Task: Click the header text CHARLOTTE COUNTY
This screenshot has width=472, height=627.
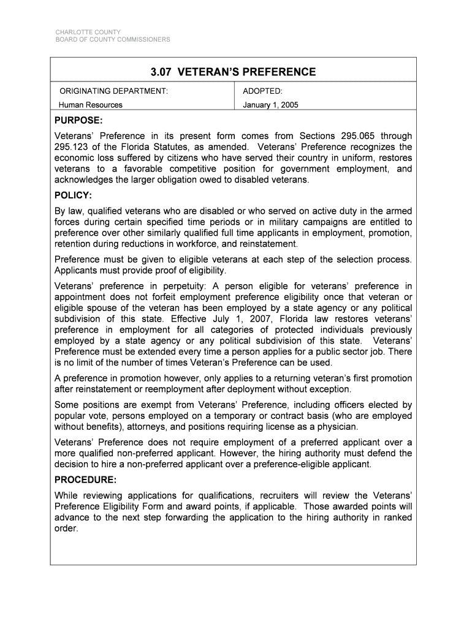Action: (88, 32)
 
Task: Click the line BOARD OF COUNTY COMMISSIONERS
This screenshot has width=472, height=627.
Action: (113, 40)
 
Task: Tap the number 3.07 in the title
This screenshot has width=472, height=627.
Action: (162, 72)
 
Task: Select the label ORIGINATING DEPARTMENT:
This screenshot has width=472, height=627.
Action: (113, 91)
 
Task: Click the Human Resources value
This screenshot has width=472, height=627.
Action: (90, 105)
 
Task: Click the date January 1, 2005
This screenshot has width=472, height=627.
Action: (270, 105)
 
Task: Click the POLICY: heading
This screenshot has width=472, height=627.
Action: (73, 195)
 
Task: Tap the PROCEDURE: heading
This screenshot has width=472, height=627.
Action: (85, 480)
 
